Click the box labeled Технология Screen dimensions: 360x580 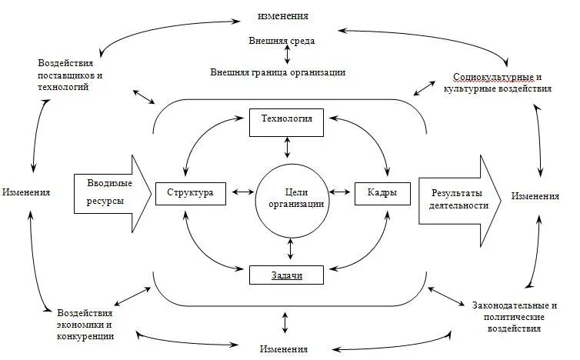[x=287, y=122]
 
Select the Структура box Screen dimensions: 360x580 [x=191, y=193]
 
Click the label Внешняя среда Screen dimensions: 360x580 [x=282, y=40]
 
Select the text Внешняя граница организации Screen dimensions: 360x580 [x=278, y=72]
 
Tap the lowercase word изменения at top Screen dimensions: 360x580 [x=284, y=15]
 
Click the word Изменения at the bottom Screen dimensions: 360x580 [x=285, y=349]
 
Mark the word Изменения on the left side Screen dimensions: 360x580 [x=26, y=192]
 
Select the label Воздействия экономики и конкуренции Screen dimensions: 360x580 [x=85, y=325]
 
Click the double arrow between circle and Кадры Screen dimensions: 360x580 [x=339, y=193]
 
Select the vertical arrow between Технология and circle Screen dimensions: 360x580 [x=287, y=147]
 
